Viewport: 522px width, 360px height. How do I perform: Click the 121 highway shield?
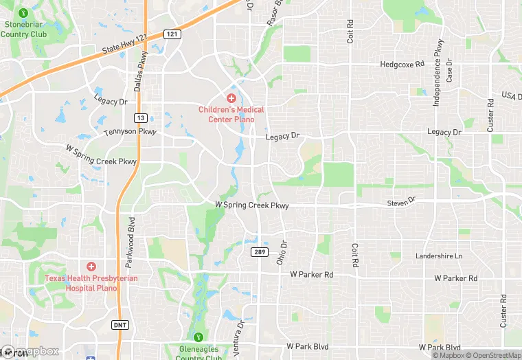pos(172,34)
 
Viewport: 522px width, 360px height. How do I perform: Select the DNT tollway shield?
pos(120,324)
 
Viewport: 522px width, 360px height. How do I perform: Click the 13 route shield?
pos(139,117)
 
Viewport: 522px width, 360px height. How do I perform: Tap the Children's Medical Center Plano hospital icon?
pos(231,98)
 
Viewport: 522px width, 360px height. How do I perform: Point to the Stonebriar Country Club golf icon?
pos(24,12)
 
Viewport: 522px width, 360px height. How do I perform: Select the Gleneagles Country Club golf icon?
pos(198,337)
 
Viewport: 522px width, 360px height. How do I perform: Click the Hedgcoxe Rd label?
pos(402,65)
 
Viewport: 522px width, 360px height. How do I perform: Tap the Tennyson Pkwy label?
pos(130,131)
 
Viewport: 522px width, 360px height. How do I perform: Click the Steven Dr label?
pos(402,202)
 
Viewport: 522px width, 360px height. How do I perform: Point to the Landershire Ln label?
pos(439,256)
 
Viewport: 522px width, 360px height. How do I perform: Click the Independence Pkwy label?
pos(437,72)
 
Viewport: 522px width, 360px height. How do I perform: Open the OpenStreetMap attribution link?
pos(493,355)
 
